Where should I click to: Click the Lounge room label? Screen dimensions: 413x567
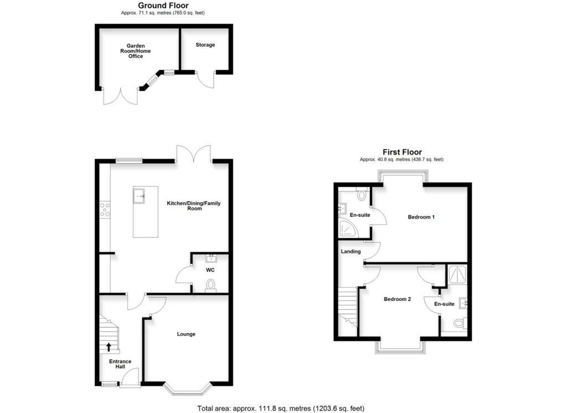186,334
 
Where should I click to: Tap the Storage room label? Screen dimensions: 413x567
205,45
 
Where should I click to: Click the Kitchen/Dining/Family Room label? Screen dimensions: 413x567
194,206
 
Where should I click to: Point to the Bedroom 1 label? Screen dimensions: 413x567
421,217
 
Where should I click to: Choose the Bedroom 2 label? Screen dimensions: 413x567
398,299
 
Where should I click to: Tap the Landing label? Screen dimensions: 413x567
351,252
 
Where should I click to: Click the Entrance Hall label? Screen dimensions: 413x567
120,364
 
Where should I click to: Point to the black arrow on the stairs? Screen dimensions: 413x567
109,348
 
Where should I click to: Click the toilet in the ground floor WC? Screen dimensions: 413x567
210,285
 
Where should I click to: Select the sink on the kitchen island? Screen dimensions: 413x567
139,195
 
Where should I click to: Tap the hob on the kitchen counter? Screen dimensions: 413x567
105,209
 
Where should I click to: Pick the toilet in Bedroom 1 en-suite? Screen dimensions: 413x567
362,195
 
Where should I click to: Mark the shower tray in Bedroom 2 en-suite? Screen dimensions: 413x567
457,273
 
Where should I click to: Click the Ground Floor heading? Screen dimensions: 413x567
163,6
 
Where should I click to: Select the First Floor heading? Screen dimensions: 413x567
402,152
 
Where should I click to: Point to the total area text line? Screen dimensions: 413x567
281,409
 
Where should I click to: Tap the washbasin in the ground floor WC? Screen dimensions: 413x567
210,258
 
